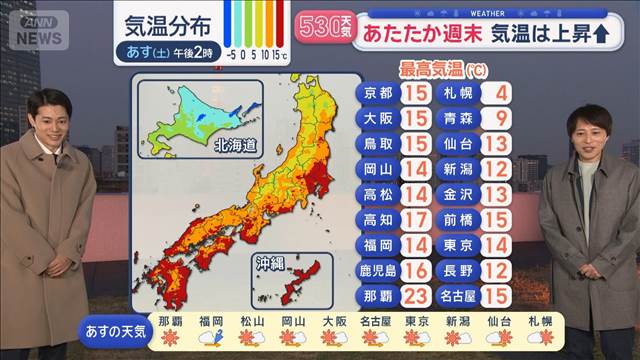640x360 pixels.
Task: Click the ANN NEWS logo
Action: pyautogui.click(x=38, y=27)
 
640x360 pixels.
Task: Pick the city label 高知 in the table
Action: pyautogui.click(x=378, y=219)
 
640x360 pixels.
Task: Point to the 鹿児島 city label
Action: pyautogui.click(x=378, y=269)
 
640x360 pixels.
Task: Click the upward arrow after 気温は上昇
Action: pyautogui.click(x=602, y=33)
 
